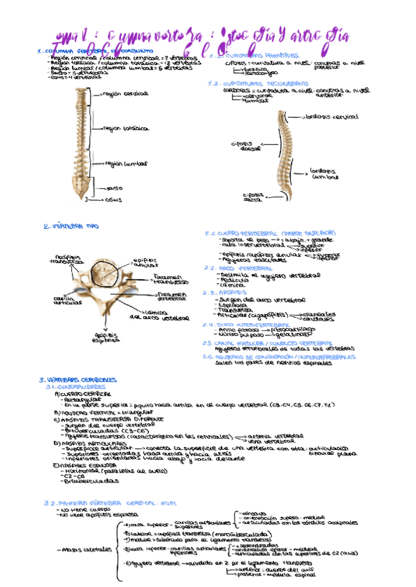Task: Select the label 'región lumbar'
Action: [x=125, y=165]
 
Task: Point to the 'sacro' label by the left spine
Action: [x=114, y=188]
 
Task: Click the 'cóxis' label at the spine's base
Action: [x=114, y=200]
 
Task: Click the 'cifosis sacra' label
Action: [x=253, y=197]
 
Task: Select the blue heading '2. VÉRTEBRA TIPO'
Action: [x=66, y=226]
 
